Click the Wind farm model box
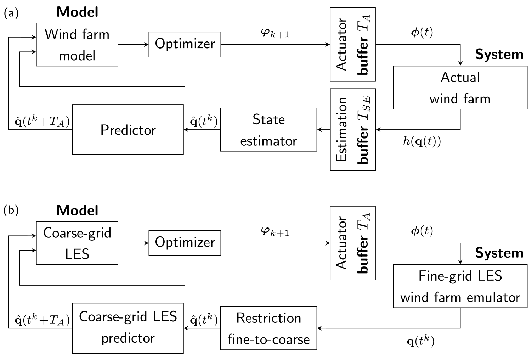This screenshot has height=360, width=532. (77, 45)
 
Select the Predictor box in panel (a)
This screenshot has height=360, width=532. (128, 130)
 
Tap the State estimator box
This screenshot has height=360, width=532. (268, 130)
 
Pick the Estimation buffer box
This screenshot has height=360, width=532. (353, 130)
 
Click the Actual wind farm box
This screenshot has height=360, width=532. (460, 88)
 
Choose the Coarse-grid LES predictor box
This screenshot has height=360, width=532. (128, 328)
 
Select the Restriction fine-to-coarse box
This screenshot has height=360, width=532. (268, 328)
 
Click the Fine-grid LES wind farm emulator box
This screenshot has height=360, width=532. (460, 286)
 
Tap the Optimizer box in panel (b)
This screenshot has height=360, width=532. (185, 243)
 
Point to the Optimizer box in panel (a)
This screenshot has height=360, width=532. (185, 44)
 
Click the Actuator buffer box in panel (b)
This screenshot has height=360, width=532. (353, 243)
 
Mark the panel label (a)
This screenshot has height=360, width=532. (11, 13)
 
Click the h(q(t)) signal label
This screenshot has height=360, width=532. (422, 141)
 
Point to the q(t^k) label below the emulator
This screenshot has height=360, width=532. (420, 342)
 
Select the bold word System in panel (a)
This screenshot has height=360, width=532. (499, 55)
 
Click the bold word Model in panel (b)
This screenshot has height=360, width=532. (77, 210)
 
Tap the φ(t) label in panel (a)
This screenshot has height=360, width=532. (421, 33)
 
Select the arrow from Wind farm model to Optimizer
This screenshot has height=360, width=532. (133, 45)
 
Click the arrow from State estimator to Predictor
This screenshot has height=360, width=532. (202, 130)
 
